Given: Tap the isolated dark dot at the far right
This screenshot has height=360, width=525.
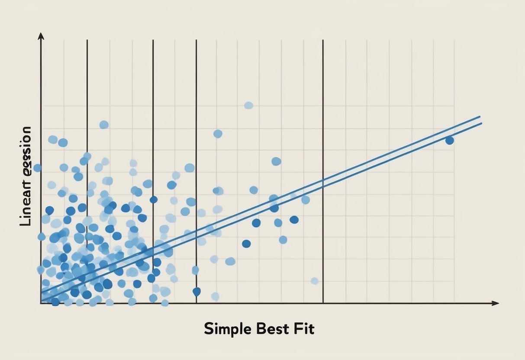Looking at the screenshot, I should click(x=449, y=140).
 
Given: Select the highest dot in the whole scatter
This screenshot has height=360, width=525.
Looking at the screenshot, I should click(x=248, y=105).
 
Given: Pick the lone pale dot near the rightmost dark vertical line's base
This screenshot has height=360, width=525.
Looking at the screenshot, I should click(x=315, y=281).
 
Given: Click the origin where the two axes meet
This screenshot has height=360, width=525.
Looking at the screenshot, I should click(x=41, y=303).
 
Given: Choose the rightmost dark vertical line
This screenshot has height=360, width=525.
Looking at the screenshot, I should click(x=323, y=173).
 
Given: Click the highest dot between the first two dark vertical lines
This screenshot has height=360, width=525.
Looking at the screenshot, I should click(x=104, y=125).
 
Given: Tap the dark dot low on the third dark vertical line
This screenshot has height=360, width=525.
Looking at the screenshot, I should click(x=196, y=291).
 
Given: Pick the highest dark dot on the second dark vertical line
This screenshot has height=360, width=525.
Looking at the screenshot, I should click(x=153, y=199).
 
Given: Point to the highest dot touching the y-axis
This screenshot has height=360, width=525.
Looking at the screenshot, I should click(x=37, y=168).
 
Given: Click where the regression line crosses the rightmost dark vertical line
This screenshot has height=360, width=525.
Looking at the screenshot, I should click(x=323, y=182).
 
